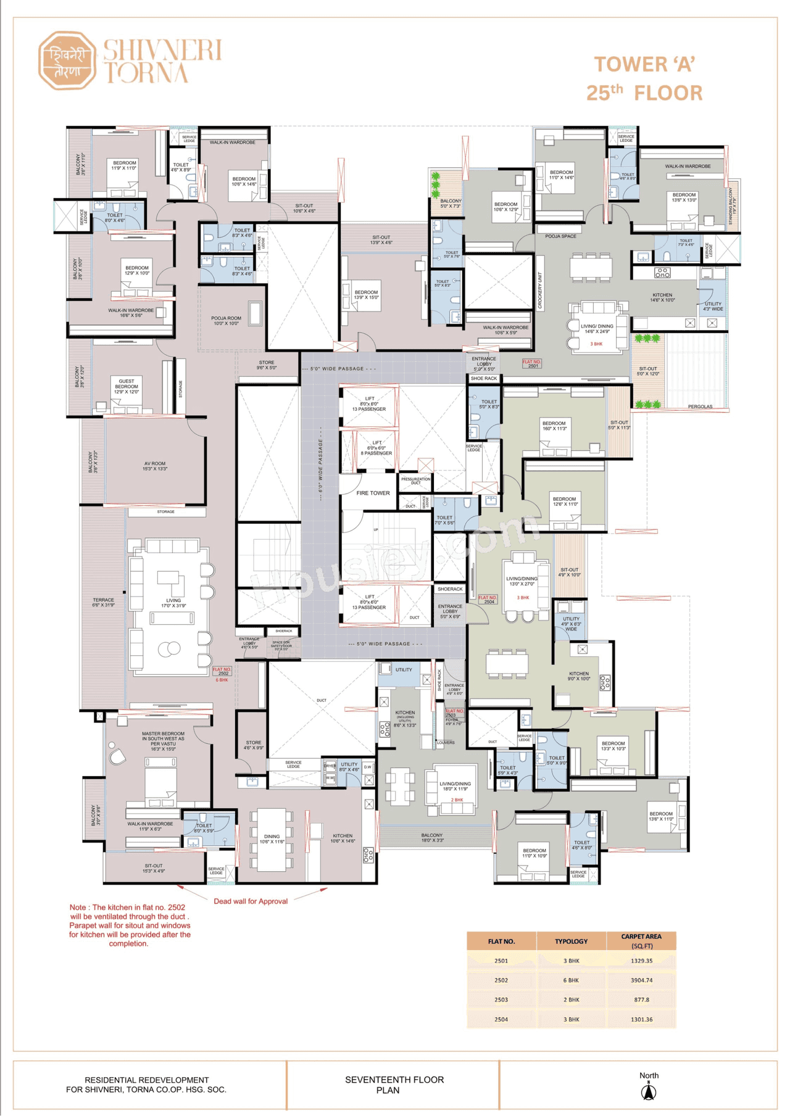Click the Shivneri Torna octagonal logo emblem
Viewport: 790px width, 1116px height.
click(x=67, y=60)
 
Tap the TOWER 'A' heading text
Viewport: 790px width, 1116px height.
click(x=644, y=64)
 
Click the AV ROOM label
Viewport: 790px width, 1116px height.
click(x=155, y=466)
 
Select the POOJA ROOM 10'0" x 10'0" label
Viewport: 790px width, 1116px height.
click(x=226, y=321)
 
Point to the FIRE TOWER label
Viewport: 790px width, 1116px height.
click(x=373, y=493)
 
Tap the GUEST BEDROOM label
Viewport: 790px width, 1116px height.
click(x=127, y=386)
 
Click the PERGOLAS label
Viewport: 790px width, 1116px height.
click(x=700, y=407)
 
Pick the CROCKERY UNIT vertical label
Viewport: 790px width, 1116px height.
click(x=540, y=291)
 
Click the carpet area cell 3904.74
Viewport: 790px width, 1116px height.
click(x=641, y=980)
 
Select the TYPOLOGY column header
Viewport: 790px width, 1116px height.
click(x=571, y=941)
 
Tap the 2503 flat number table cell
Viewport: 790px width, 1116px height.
click(x=501, y=999)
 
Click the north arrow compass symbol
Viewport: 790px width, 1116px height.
click(x=648, y=1093)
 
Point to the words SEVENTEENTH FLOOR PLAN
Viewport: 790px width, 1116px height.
click(x=394, y=1085)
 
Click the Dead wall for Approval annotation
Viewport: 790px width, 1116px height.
click(x=251, y=901)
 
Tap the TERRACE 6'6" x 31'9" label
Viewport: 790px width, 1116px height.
click(x=104, y=603)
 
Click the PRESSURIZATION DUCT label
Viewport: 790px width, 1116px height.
click(x=415, y=481)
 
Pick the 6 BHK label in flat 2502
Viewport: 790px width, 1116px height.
click(x=222, y=680)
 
